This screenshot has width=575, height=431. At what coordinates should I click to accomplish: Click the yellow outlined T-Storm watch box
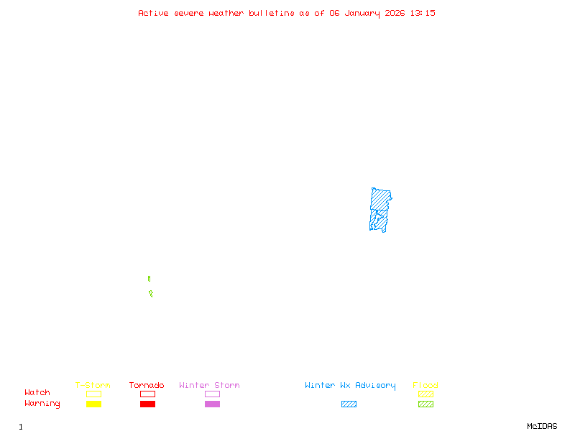coord(93,394)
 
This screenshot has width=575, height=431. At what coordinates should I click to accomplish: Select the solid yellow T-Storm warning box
coord(93,404)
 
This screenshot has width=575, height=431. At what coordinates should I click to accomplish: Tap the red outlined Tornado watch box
coord(147,394)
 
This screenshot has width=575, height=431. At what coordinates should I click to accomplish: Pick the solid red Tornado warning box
coord(147,404)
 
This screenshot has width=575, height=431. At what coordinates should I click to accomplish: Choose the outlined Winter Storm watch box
coord(212,394)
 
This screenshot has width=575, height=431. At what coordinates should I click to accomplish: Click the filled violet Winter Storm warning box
coord(212,404)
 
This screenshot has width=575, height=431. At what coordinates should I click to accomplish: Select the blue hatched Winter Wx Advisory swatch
coord(349,404)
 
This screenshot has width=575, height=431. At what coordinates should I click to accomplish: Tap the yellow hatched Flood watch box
coord(425,394)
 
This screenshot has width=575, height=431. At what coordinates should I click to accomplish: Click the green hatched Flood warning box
coord(425,404)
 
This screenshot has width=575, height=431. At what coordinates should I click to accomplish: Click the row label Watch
coord(37,393)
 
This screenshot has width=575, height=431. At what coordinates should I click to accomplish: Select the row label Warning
coord(42,404)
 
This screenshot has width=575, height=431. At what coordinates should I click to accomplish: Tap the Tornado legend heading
coord(147,386)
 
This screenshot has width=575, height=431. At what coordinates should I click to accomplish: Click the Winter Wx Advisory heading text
coord(350,386)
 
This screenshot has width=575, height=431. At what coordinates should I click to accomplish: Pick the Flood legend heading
coord(425,386)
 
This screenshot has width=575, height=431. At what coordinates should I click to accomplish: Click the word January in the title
coord(367,13)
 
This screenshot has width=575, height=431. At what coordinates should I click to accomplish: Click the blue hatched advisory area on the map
coord(379,208)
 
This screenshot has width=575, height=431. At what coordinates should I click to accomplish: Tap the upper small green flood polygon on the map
coord(149,279)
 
